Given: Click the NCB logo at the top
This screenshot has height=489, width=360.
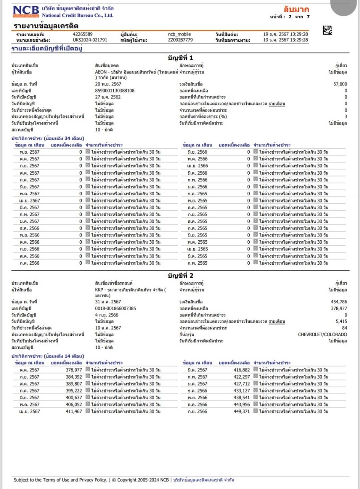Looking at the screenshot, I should click(x=26, y=11).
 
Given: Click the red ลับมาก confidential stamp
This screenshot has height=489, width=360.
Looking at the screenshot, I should click(x=296, y=9).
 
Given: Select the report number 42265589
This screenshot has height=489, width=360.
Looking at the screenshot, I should click(x=82, y=34).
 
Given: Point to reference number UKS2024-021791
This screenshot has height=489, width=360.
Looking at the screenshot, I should click(x=90, y=40).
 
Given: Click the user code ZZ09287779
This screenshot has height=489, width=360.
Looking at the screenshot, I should click(x=180, y=40).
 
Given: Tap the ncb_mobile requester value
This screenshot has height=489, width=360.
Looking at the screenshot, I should click(x=179, y=34).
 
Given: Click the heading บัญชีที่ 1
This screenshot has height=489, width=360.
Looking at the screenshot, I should click(x=181, y=58).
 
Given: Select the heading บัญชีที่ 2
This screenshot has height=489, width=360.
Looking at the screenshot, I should click(x=181, y=275).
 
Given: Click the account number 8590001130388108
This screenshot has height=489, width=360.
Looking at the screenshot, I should click(x=115, y=91).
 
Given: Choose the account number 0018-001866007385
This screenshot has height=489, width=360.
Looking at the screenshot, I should click(x=115, y=308).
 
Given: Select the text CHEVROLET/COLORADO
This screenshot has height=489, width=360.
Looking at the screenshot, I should click(x=323, y=334).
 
